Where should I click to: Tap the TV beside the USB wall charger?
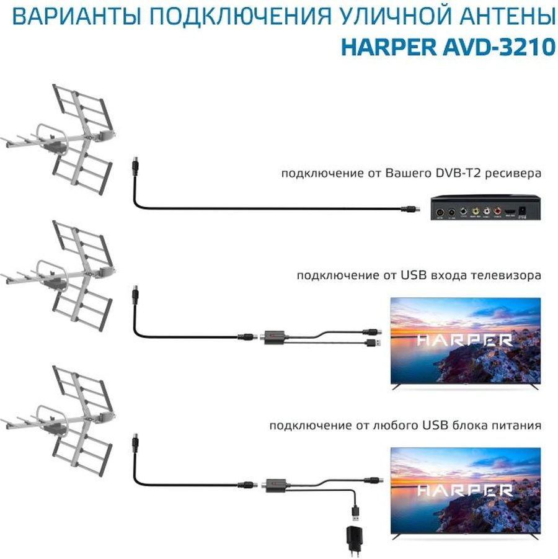pos(465,491)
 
